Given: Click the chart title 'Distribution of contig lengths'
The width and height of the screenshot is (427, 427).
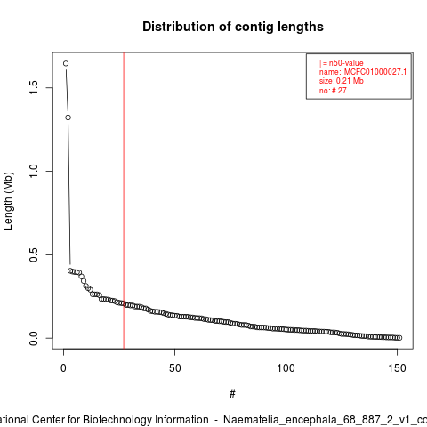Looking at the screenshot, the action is coord(233,27).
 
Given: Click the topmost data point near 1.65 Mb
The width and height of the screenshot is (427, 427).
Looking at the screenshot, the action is coord(66,63).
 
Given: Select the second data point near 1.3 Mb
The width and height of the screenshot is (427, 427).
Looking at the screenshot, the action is coord(68,117).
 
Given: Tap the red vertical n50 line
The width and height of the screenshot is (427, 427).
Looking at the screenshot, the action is coord(124,200).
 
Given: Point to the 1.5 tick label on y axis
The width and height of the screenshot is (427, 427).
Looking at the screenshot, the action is coord(34,87).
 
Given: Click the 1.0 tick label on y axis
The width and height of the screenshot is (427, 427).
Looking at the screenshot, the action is coord(34,171).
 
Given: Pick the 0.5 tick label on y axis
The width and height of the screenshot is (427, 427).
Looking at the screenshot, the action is coord(34,254).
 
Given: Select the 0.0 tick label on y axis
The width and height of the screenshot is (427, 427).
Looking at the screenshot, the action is coord(34,338).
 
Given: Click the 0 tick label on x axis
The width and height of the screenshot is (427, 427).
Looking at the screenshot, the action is coord(63,368).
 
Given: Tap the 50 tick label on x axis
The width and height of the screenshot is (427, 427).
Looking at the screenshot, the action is coord(174,368).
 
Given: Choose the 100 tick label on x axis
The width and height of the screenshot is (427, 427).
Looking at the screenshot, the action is coord(286,368).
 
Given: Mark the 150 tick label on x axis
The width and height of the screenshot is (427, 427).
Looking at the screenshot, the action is coord(397,368).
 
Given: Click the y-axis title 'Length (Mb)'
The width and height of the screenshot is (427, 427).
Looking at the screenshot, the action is coord(8,201).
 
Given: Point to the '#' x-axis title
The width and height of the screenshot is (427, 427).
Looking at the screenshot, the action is coord(232,394).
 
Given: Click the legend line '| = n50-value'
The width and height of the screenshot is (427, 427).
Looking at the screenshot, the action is coord(342,63).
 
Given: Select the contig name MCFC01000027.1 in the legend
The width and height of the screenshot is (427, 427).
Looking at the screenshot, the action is coord(375,72).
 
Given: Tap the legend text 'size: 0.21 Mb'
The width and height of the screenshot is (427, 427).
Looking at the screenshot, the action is coord(342,81).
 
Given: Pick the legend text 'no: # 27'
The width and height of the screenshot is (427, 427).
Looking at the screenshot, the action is coord(333,91).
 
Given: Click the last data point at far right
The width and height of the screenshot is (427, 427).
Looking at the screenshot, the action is coord(399,338).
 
